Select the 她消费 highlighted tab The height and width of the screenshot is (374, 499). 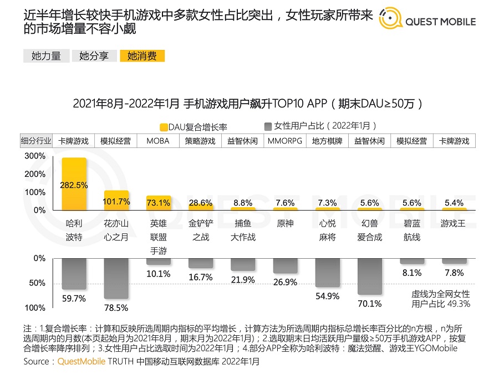142,55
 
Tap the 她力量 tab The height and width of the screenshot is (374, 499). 46,55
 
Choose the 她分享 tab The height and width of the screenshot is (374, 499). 94,55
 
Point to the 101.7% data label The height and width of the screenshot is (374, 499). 116,202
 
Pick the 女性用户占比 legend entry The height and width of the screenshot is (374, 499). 320,126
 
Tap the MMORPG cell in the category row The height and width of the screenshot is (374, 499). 284,141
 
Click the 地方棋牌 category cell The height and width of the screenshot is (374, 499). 327,141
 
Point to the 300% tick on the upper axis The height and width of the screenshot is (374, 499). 35,156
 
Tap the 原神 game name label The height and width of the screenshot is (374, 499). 284,223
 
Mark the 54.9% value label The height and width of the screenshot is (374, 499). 327,296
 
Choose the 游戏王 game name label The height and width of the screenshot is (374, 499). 454,223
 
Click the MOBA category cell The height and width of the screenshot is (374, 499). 158,141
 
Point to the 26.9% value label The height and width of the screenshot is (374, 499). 285,283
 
